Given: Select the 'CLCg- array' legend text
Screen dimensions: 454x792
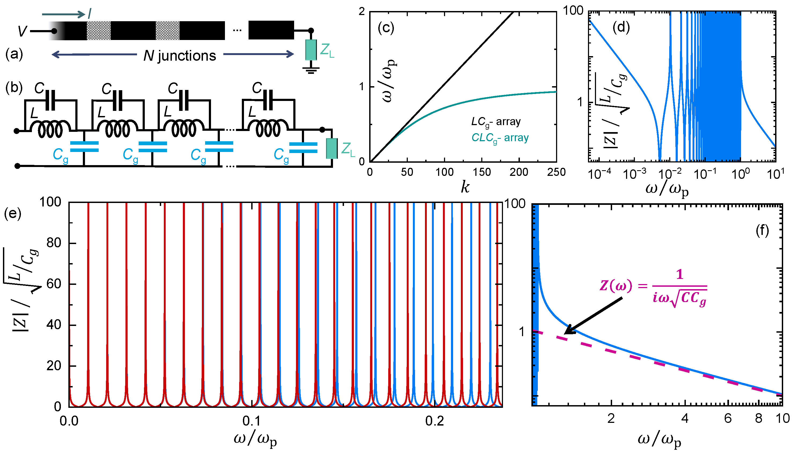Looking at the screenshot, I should [500, 138].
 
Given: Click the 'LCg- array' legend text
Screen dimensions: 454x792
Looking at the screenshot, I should [496, 122].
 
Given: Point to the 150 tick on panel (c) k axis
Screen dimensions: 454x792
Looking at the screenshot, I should [482, 172].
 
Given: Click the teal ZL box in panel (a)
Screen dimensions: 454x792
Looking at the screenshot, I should [311, 50].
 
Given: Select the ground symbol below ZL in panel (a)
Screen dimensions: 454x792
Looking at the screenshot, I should [311, 70].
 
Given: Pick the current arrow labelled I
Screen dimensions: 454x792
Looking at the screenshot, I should [64, 14].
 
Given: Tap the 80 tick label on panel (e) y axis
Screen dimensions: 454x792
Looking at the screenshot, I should [54, 243].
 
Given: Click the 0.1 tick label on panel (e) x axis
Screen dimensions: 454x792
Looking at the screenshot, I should [251, 422].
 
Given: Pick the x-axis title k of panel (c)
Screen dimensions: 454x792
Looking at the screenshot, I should [465, 187].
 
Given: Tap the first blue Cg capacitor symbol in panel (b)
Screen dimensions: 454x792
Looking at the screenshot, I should [84, 147].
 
